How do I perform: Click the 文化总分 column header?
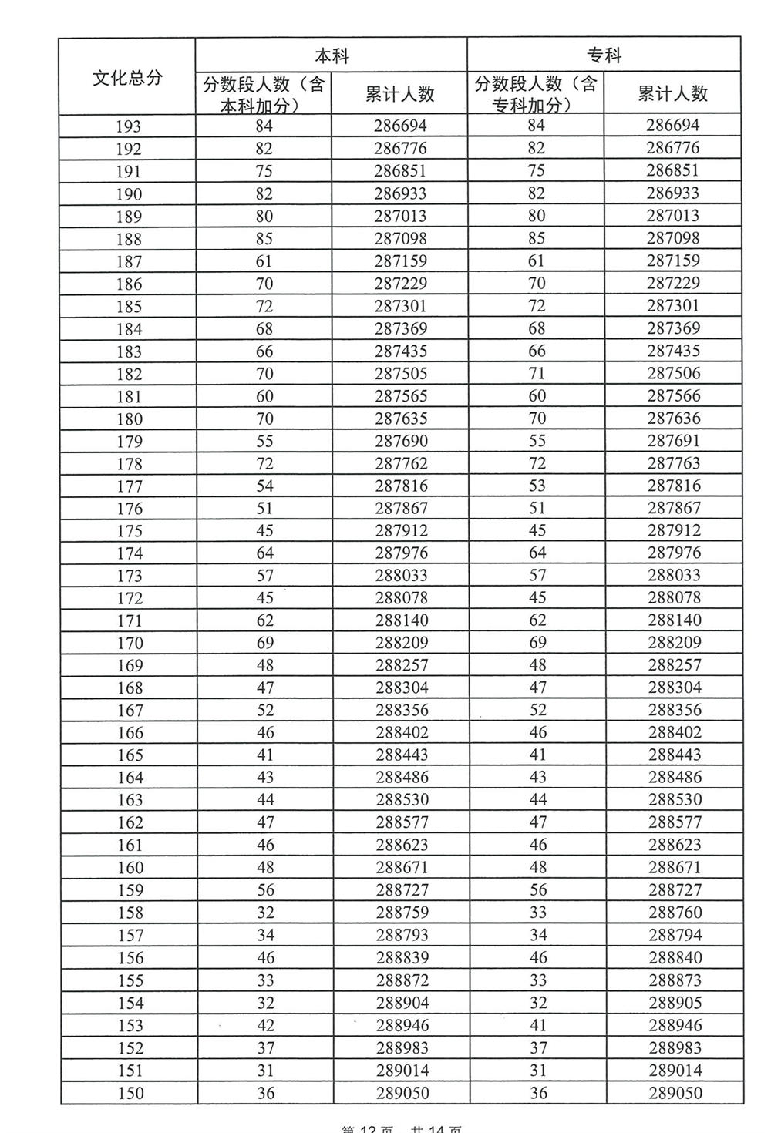pos(127,77)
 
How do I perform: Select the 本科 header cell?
pos(332,55)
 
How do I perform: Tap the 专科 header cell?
pos(604,55)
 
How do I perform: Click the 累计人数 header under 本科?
pos(399,94)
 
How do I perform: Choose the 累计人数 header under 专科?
pos(673,94)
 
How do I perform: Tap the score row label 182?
pos(129,374)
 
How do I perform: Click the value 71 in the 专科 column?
pos(537,374)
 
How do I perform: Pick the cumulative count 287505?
pos(400,374)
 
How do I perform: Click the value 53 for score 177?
pos(537,486)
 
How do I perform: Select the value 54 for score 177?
pos(264,486)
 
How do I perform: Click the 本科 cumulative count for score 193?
pos(400,126)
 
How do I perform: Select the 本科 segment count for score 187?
pos(264,261)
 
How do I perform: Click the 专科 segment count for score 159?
pos(537,890)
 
